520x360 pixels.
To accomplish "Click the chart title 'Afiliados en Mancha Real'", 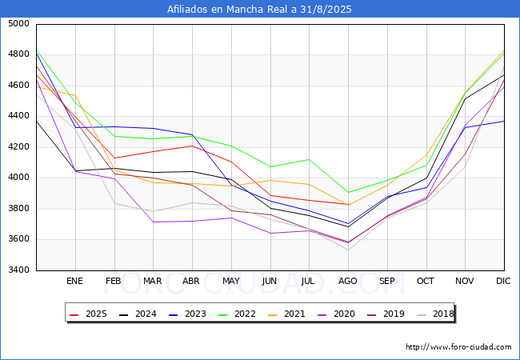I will (x=259, y=10).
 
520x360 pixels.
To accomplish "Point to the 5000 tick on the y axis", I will (x=19, y=24).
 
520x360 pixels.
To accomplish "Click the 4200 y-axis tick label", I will (x=19, y=147).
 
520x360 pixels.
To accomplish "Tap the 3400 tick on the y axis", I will (x=19, y=270).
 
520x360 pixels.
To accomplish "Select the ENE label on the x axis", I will (x=74, y=282).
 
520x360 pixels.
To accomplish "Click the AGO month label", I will (x=348, y=282).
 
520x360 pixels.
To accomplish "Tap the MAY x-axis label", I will (x=230, y=282).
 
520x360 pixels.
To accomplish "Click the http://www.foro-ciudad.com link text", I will (x=458, y=347).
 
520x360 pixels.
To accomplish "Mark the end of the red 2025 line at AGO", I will (x=348, y=205).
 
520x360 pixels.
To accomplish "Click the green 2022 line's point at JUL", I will (x=309, y=159).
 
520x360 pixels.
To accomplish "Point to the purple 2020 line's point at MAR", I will (x=153, y=222).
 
